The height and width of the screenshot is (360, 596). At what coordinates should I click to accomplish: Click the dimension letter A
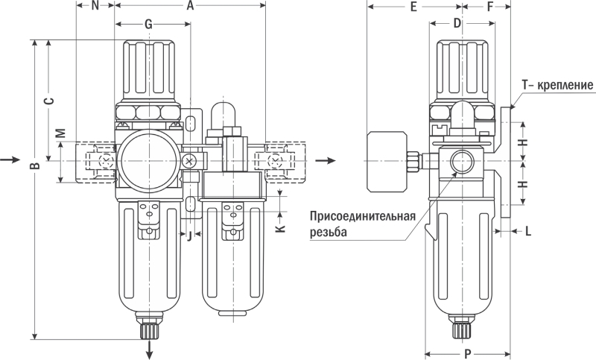click(190, 7)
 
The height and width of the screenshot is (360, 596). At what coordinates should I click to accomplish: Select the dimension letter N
click(95, 7)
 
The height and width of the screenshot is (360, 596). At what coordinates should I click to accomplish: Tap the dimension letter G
click(149, 25)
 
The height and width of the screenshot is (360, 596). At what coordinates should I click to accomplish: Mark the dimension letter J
click(189, 236)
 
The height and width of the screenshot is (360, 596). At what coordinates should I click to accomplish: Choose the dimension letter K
click(280, 227)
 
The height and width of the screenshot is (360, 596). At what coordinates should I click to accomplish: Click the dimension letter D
click(457, 25)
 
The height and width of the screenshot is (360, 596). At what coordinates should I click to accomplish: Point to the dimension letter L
click(527, 231)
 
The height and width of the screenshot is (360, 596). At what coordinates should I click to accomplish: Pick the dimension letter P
click(466, 354)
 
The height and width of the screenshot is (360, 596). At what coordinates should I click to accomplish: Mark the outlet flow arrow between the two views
click(325, 160)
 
